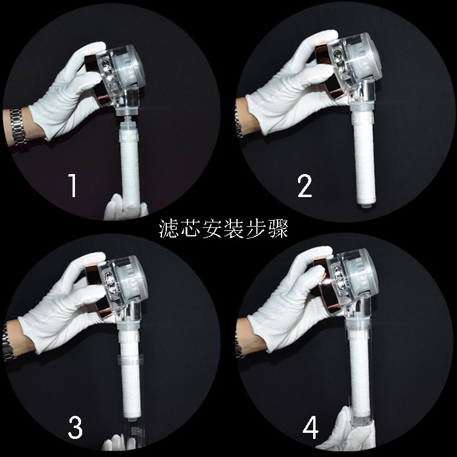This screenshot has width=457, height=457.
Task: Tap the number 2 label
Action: tap(305, 185)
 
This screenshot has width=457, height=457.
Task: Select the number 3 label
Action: tap(75, 428)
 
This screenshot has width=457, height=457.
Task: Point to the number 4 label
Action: tap(311, 428)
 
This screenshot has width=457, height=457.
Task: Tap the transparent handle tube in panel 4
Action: tap(363, 375)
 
